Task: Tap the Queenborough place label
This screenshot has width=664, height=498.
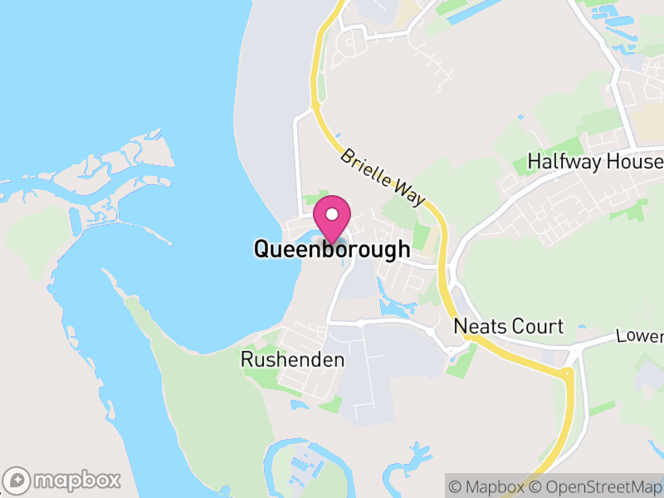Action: click(331, 249)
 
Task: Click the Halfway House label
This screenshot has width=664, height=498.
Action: click(595, 162)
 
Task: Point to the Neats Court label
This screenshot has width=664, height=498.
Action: click(508, 327)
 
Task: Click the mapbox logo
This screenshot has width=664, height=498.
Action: click(62, 480)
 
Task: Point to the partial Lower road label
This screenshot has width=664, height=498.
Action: click(640, 336)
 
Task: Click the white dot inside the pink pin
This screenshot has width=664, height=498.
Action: click(332, 213)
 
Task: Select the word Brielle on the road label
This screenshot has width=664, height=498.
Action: click(364, 165)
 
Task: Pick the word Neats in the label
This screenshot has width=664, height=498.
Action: click(475, 327)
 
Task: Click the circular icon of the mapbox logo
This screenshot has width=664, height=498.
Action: click(17, 480)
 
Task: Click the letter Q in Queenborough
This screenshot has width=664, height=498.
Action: click(261, 249)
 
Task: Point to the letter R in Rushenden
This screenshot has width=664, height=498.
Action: click(247, 359)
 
